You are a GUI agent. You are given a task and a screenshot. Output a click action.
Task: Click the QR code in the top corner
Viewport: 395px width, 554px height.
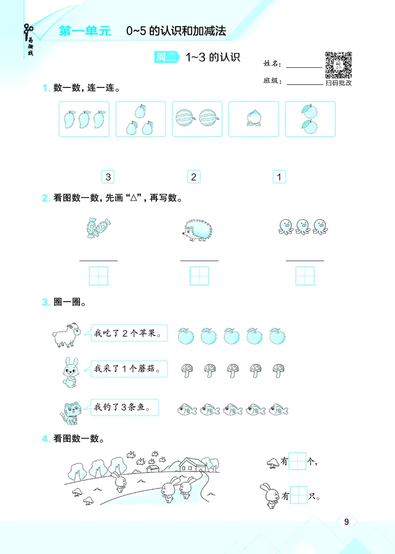[338, 65]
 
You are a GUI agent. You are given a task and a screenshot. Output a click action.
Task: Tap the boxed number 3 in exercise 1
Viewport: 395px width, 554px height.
[108, 177]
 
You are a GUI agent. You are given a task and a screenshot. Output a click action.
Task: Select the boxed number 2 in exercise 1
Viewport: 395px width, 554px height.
[194, 177]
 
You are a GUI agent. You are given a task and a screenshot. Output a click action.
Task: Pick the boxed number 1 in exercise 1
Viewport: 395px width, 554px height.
[279, 177]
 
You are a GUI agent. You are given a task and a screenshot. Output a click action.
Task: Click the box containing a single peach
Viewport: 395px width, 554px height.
[254, 119]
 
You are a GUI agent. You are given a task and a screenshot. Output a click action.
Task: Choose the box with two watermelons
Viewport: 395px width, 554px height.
[197, 119]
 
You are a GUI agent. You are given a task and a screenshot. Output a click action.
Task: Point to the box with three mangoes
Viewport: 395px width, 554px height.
[84, 119]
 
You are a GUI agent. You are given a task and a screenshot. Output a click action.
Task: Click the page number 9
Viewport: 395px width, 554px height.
[346, 522]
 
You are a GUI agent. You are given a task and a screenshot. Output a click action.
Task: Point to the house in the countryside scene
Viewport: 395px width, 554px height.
[192, 464]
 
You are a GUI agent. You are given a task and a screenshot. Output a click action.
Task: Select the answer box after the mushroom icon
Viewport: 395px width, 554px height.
[298, 462]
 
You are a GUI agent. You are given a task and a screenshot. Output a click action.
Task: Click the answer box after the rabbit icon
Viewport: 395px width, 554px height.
[299, 495]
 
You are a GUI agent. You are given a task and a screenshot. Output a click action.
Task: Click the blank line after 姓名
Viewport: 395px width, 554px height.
[304, 65]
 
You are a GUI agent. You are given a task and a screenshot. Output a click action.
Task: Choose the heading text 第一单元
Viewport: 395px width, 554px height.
[85, 31]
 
